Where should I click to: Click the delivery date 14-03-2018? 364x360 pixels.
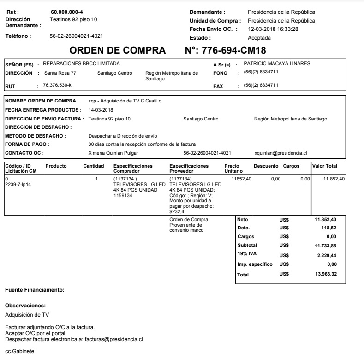(101, 110)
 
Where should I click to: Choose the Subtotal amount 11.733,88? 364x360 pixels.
(326, 245)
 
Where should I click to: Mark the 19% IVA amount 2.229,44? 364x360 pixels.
(327, 255)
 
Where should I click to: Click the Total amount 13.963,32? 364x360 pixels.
(326, 275)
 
